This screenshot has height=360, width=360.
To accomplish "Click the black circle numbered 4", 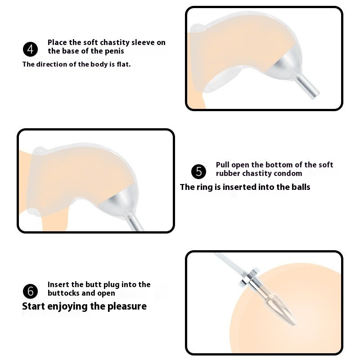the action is point(30,49).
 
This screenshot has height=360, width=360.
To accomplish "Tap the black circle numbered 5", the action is point(198,171).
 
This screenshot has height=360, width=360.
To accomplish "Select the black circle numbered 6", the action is point(30,291).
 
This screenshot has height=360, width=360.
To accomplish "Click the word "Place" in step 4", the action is point(58,42).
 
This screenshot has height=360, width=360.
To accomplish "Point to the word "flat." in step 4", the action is point(123,64).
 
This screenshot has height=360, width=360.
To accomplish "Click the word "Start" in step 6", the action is point(33,306).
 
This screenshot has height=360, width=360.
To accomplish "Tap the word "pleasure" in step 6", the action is point(127,307).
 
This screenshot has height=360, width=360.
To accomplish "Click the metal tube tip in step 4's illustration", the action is point(315,94).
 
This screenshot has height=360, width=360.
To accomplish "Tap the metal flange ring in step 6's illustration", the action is point(250,277).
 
